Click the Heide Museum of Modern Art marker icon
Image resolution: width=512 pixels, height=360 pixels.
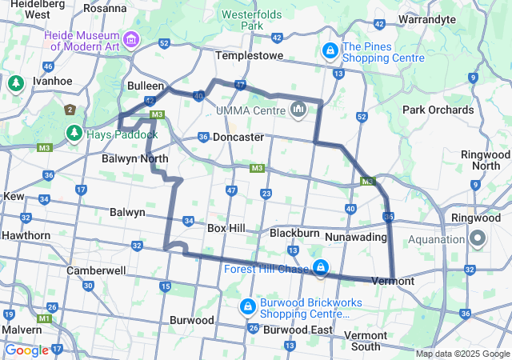(x=130, y=38)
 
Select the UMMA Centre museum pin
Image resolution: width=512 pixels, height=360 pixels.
(x=298, y=108)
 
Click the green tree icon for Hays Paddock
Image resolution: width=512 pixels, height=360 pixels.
(x=74, y=133)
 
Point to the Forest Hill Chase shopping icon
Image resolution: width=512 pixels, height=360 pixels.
(x=320, y=268)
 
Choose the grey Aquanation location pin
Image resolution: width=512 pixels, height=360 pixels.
(x=478, y=238)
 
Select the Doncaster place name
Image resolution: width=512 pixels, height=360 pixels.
(x=238, y=137)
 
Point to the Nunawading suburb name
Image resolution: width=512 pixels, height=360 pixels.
(x=356, y=237)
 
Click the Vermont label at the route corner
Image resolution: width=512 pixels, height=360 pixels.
(x=393, y=281)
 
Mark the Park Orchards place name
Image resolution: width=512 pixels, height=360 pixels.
(x=438, y=110)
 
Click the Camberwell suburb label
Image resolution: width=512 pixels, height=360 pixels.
(x=96, y=270)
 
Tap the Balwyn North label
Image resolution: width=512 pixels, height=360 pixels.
(x=134, y=158)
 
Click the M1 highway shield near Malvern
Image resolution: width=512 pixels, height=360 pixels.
(x=46, y=318)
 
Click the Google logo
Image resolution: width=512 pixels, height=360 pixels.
(x=26, y=350)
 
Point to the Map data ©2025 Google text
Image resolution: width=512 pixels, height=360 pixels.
(x=462, y=354)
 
